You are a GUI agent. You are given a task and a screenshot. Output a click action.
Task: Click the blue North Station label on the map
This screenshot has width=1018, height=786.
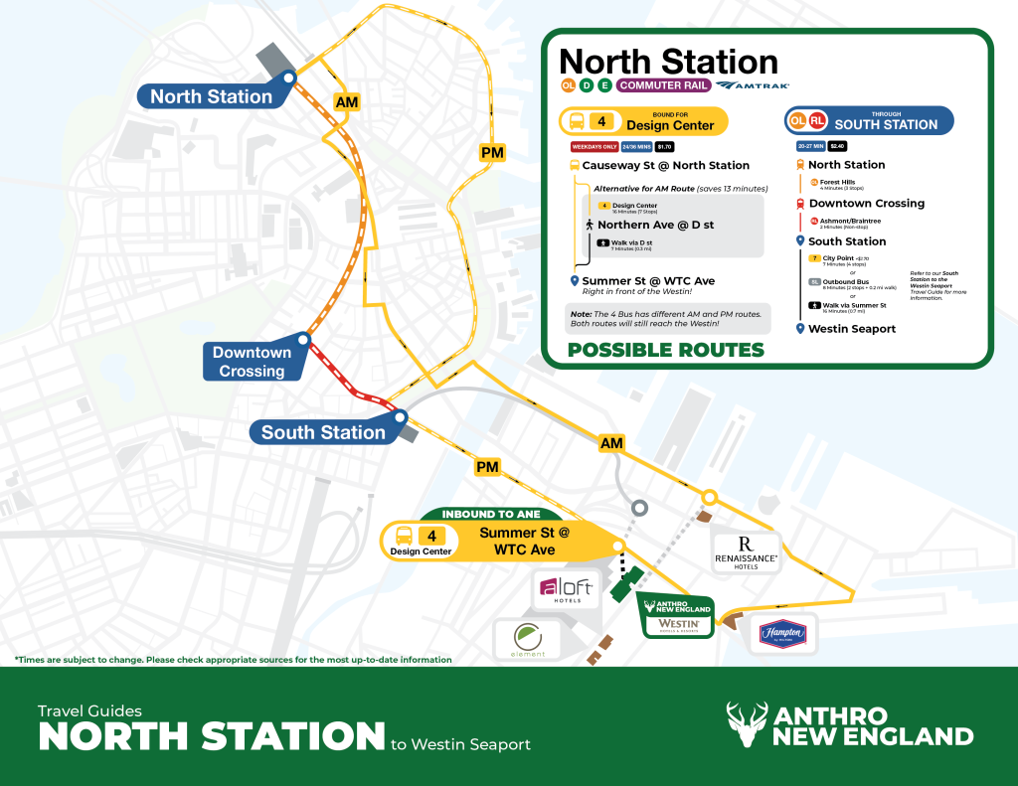click(211, 96)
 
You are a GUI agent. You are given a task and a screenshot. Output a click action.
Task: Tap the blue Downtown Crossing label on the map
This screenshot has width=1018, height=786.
click(252, 362)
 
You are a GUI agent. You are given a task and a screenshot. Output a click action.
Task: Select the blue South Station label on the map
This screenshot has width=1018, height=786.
click(322, 432)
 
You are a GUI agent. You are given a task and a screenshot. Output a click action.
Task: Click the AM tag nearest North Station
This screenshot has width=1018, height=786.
click(347, 102)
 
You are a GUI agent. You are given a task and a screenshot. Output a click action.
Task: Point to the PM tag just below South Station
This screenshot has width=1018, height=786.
click(487, 467)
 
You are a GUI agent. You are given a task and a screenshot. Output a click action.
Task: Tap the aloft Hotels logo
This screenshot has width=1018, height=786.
click(566, 590)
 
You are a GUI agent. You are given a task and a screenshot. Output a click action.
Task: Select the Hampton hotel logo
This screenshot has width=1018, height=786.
click(782, 633)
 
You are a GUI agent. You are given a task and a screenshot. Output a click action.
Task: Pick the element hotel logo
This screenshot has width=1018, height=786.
click(528, 640)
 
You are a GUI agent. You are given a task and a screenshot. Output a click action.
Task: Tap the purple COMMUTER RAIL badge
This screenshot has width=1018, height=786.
click(663, 85)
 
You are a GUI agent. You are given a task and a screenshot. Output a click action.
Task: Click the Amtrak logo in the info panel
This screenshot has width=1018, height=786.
click(752, 85)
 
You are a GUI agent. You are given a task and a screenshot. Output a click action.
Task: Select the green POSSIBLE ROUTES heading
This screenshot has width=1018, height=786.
click(665, 350)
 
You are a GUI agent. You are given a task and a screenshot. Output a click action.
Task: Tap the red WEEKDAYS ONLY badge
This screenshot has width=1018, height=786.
click(588, 146)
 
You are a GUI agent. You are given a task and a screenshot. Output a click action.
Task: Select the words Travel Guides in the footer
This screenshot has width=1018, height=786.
click(89, 710)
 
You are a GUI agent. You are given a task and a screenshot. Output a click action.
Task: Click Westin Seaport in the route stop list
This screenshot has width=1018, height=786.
click(851, 329)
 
